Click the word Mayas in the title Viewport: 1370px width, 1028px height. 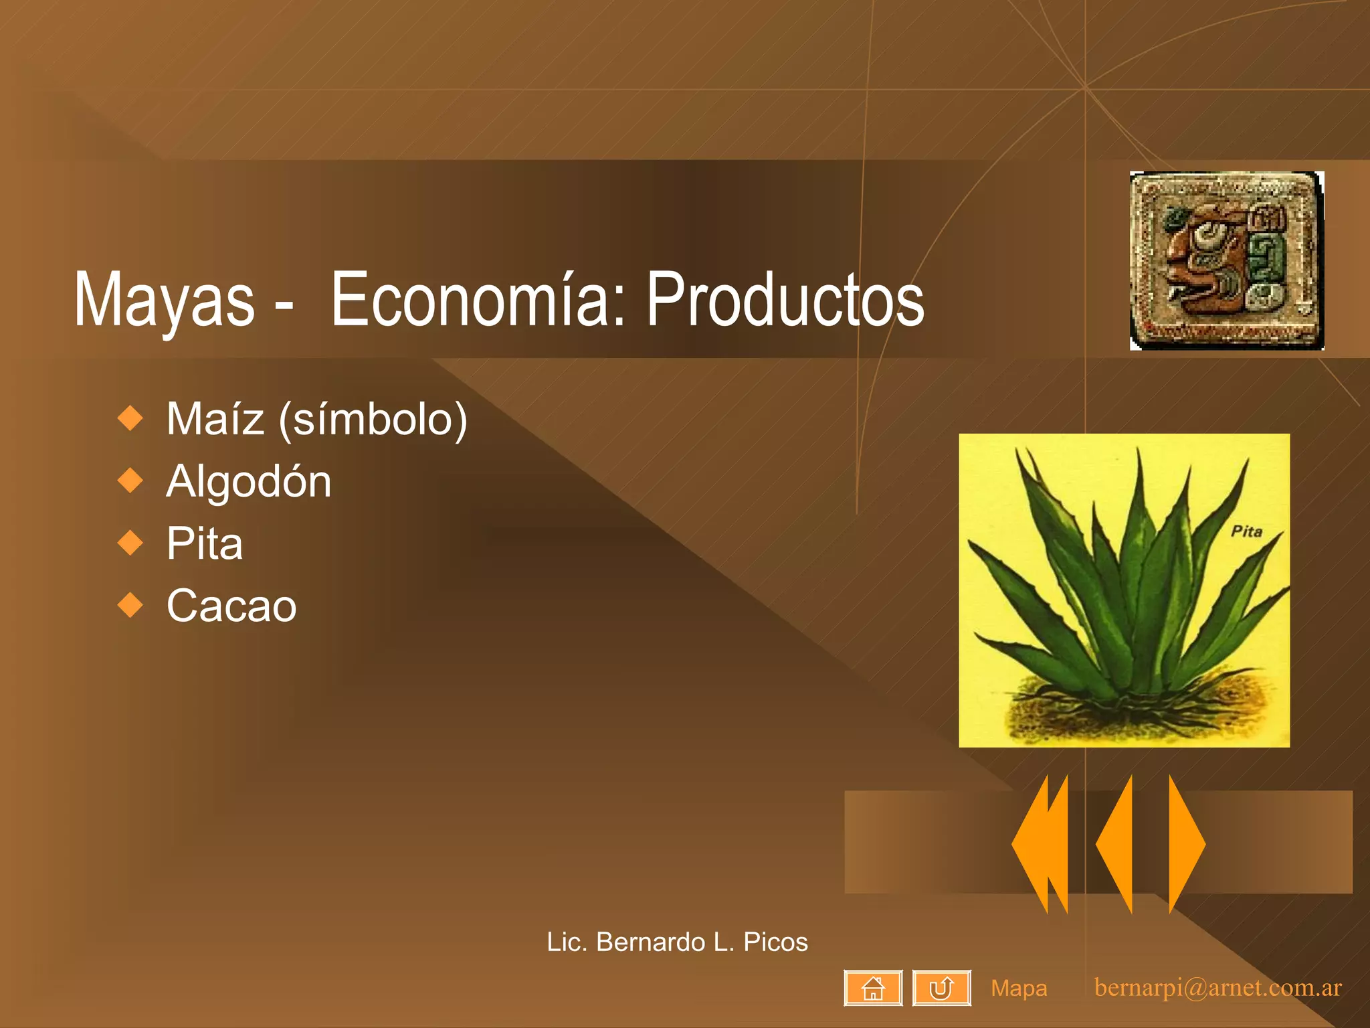point(164,300)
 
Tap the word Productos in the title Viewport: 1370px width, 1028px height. point(784,300)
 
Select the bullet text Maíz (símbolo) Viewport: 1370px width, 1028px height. point(316,420)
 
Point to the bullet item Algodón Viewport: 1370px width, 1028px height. point(248,481)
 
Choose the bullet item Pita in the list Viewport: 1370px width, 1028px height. point(204,543)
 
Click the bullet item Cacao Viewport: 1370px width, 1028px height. point(231,606)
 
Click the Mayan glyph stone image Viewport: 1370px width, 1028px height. point(1226,260)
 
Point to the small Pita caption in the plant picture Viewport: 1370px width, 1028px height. point(1246,531)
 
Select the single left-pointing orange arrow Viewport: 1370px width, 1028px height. point(1116,844)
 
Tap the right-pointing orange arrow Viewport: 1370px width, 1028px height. point(1186,844)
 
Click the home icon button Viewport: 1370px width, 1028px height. point(873,988)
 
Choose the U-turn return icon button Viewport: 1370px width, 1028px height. point(941,988)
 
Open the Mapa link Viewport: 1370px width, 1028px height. point(1019,989)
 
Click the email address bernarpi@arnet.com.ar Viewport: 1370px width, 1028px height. point(1217,988)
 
